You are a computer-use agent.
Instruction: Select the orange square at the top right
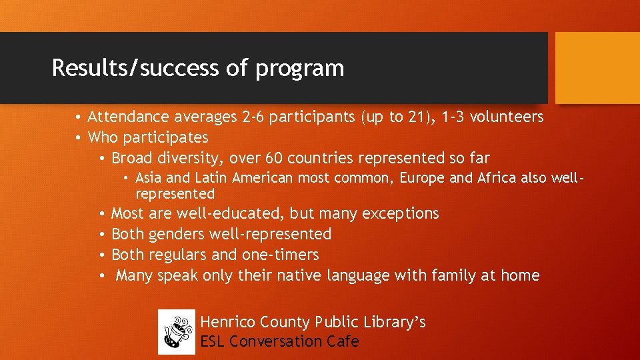(597, 68)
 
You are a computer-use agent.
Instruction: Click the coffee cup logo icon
(177, 332)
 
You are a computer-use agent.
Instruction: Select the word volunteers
(507, 117)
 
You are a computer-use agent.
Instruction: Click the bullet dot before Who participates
(79, 138)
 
